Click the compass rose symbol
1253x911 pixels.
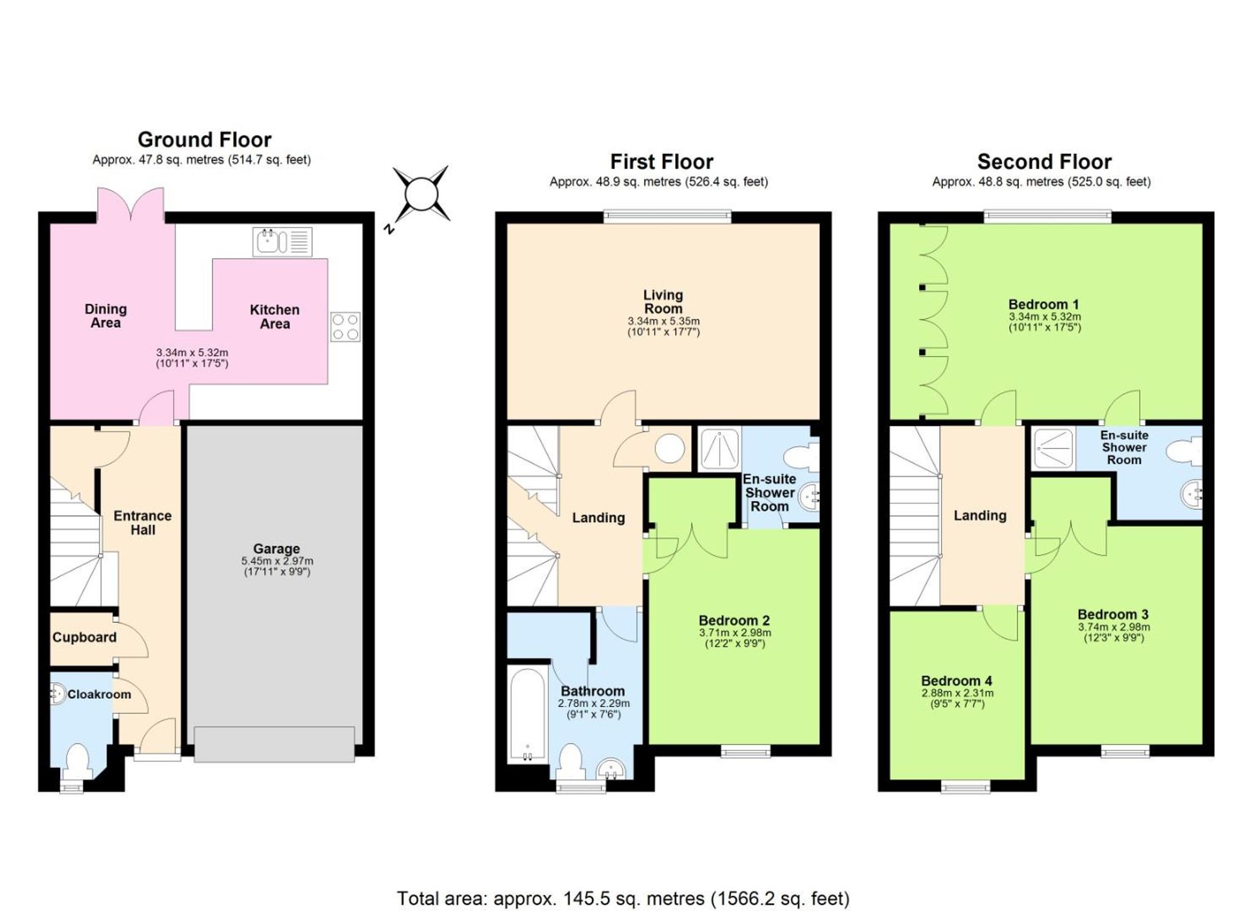point(421,194)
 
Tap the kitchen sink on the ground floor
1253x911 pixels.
point(282,242)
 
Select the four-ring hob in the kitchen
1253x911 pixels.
point(345,327)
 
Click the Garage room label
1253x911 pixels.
point(276,548)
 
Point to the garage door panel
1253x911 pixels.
point(274,744)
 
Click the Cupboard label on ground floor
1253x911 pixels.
point(85,637)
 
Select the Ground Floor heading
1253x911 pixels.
point(204,139)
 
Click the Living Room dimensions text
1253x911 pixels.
point(663,326)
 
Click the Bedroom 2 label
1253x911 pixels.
point(734,620)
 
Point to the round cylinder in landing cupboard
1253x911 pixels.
point(670,448)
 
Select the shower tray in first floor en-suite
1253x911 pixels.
point(719,448)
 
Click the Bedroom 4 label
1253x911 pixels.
point(957,681)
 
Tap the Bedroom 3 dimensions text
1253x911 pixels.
point(1114,632)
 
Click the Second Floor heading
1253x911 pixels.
point(1044,162)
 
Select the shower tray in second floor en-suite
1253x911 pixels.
point(1053,448)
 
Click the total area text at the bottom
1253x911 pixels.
point(623,898)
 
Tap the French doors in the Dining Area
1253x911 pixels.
point(131,205)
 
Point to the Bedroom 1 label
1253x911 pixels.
point(1044,304)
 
